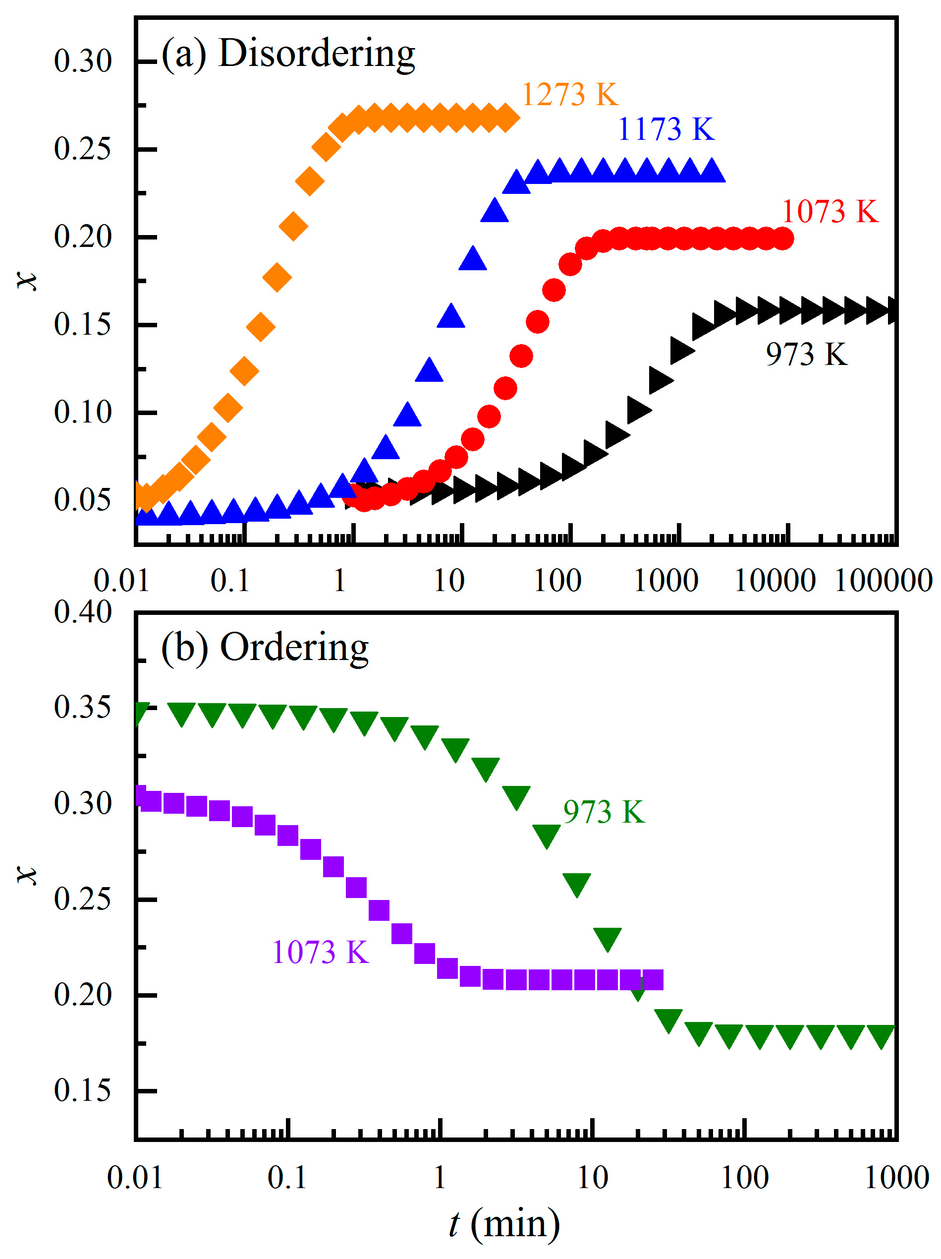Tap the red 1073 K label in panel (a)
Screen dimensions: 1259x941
[830, 212]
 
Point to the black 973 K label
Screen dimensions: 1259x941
[806, 354]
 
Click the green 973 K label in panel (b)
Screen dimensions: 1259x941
[604, 812]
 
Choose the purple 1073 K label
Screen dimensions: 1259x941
[320, 953]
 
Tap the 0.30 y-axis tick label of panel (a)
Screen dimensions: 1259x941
[82, 61]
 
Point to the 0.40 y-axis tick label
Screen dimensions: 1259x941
[82, 612]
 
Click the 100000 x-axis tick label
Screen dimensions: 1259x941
[883, 581]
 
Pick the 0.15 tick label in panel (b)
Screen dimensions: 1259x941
[82, 1090]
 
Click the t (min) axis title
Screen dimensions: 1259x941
[504, 1224]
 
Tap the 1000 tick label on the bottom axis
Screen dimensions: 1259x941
[896, 1177]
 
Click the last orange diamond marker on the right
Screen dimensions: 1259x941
[506, 119]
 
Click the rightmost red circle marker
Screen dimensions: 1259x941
[783, 239]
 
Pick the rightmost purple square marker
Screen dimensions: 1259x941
[653, 981]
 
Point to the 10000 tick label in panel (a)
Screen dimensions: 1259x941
[775, 581]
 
